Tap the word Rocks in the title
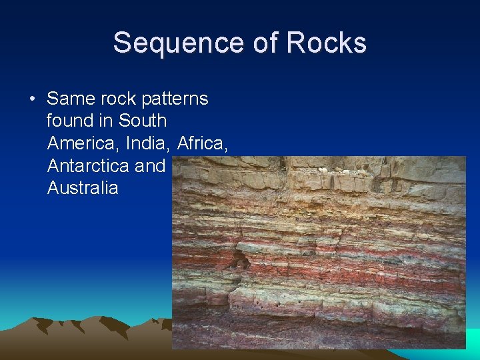[327, 43]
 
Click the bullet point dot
[31, 99]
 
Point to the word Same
[71, 99]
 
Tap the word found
[68, 121]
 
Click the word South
[143, 121]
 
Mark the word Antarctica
[88, 165]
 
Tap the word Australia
[83, 187]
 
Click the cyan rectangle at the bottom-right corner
[473, 339]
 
